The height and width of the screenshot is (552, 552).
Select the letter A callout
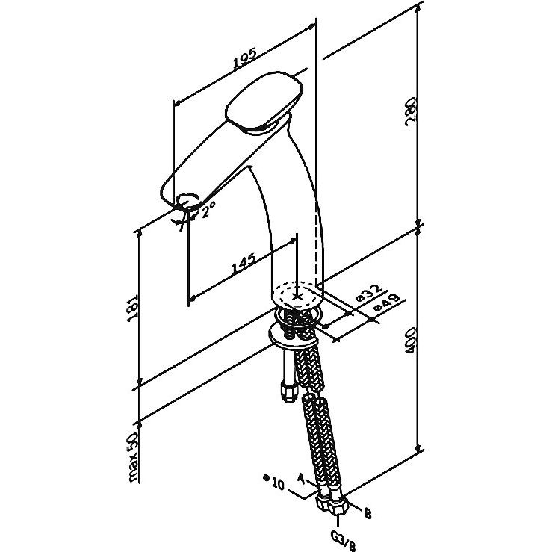(301, 476)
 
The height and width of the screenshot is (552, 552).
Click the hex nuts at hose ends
(333, 504)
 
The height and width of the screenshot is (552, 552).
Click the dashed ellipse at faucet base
(298, 294)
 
